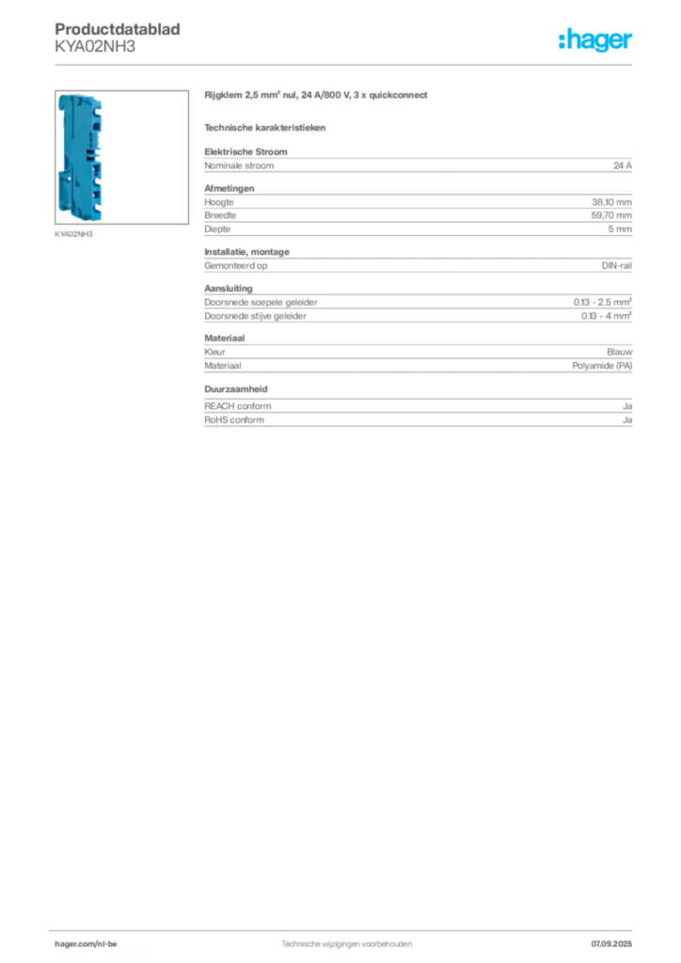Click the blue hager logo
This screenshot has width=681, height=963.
pyautogui.click(x=597, y=41)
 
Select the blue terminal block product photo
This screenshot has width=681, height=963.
pyautogui.click(x=80, y=157)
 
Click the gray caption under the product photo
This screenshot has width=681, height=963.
pyautogui.click(x=74, y=235)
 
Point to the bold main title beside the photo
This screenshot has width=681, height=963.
pyautogui.click(x=315, y=96)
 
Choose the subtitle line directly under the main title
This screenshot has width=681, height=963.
pyautogui.click(x=267, y=125)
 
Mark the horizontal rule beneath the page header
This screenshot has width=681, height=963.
pyautogui.click(x=345, y=63)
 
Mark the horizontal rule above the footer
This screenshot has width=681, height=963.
pyautogui.click(x=345, y=929)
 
